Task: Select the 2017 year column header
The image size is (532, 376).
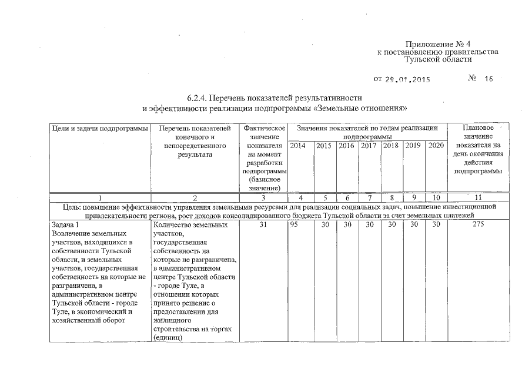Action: tap(369, 146)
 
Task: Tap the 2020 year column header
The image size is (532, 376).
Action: tap(436, 146)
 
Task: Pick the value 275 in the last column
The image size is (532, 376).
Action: tap(478, 224)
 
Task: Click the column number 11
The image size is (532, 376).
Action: tap(478, 198)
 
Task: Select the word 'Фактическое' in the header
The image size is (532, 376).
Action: tap(263, 127)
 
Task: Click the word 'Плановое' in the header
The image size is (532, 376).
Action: tap(478, 127)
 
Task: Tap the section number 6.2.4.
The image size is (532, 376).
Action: tap(196, 97)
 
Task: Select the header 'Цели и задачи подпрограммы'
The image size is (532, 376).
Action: tap(98, 127)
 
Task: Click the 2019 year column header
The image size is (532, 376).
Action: tap(414, 146)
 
